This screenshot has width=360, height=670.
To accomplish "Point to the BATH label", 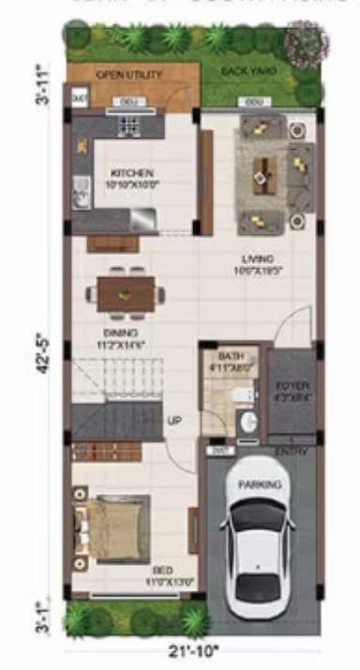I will coord(231,357).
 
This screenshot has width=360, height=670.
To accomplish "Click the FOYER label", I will coord(292,386).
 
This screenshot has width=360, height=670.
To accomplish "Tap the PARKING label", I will coord(259,485).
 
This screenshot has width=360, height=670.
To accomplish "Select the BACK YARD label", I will coord(242,71).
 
